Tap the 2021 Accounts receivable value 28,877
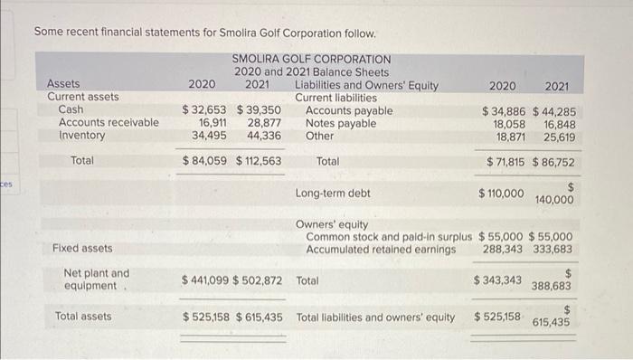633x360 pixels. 264,123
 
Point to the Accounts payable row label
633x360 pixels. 348,110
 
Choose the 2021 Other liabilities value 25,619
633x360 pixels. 560,137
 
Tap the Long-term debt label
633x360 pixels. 332,194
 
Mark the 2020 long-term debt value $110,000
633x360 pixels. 500,194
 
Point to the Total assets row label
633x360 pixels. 83,317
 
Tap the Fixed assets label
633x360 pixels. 82,248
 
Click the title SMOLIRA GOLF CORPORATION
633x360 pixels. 311,60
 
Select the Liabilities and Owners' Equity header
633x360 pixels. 366,86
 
